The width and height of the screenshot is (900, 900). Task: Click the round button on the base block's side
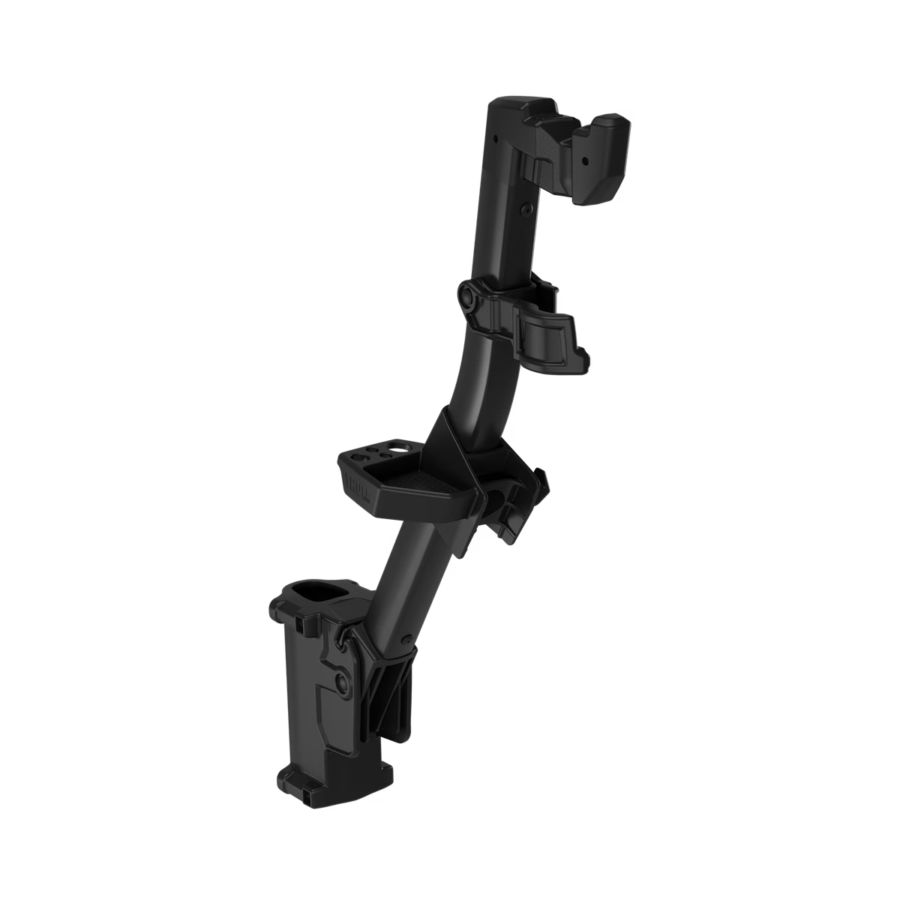click(343, 682)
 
